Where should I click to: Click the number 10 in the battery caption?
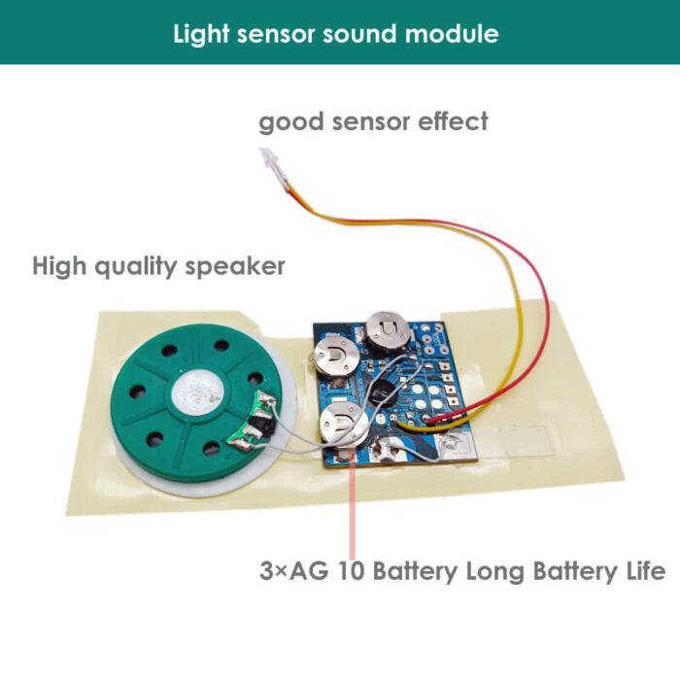tap(354, 572)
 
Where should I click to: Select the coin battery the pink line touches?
tap(345, 424)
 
